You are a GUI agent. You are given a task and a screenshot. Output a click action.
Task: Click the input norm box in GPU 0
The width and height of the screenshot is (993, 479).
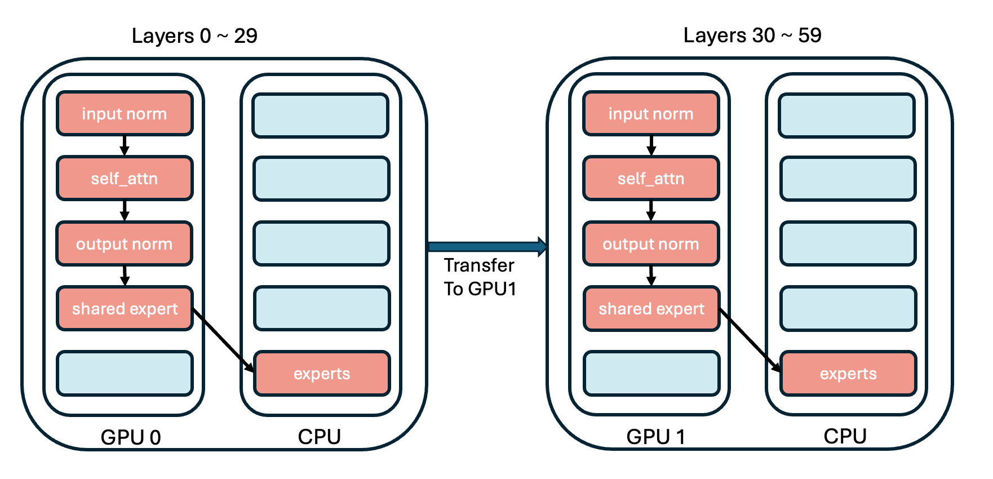point(125,114)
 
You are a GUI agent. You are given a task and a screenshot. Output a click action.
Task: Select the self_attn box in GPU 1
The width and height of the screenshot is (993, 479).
point(651,179)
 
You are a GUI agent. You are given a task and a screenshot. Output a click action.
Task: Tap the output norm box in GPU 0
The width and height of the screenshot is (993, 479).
point(125,244)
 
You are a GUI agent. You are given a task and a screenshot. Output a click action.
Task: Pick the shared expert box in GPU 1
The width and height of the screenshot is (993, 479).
point(651,309)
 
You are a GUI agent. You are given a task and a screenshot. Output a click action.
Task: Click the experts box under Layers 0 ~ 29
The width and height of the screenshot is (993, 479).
point(322,374)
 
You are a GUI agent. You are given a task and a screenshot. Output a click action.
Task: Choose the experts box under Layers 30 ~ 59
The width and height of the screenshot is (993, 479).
point(848,374)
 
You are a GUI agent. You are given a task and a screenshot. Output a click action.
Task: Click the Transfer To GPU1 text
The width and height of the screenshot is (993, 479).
point(480,277)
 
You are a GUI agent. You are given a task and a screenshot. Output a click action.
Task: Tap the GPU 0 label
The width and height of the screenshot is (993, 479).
point(131,437)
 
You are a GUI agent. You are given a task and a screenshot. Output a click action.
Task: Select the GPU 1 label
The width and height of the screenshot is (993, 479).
point(656,437)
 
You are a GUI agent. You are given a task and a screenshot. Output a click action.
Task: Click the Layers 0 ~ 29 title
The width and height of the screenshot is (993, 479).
point(194,36)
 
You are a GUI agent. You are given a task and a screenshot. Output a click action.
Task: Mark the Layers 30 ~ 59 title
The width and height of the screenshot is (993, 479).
point(752,36)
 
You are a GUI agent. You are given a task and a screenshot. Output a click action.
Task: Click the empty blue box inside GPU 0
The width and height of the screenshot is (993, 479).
point(125,373)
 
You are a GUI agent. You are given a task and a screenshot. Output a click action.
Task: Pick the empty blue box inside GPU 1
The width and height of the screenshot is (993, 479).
point(651,373)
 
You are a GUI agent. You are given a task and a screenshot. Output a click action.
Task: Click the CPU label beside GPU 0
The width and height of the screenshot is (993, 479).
point(320,437)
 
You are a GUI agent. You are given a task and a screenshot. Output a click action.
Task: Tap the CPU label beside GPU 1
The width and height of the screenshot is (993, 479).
point(845,436)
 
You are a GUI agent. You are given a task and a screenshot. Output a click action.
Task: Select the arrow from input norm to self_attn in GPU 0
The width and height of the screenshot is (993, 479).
point(125,145)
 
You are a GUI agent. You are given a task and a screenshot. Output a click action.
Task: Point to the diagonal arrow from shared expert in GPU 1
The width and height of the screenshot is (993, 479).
point(750,340)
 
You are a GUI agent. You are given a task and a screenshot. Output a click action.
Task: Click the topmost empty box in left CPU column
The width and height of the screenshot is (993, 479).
point(321,116)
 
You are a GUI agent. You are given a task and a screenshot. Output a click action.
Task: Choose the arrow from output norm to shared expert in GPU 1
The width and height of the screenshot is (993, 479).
point(651,276)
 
